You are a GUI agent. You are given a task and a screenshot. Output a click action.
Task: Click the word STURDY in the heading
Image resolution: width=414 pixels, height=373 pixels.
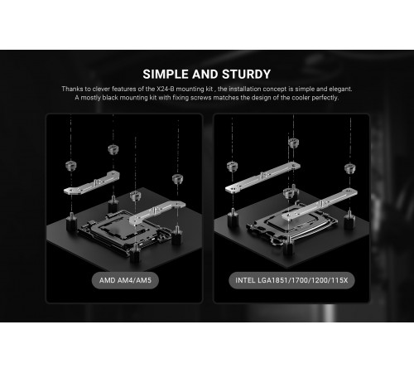click(246, 75)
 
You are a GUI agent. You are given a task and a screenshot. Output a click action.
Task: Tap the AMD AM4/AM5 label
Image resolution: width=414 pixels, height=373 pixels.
click(125, 280)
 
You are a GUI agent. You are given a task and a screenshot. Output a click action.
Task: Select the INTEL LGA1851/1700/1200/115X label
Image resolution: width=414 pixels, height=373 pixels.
click(291, 280)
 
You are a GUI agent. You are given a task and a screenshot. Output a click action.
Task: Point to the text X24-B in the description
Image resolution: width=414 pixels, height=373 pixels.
click(166, 89)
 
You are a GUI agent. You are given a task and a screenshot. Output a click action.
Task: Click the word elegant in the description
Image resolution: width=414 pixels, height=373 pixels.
click(340, 89)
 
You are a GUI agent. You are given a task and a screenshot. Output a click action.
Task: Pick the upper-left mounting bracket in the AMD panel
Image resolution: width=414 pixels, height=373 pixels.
click(92, 183)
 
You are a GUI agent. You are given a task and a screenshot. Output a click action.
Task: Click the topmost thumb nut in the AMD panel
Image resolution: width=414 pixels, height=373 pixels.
click(113, 149)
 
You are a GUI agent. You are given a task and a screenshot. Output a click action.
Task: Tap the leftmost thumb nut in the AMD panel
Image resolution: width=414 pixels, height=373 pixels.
click(71, 166)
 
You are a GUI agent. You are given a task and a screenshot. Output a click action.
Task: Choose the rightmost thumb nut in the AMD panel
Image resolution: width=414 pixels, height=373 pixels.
click(177, 179)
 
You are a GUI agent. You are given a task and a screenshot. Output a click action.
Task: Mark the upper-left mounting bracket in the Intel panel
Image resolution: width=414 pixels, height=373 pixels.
click(262, 177)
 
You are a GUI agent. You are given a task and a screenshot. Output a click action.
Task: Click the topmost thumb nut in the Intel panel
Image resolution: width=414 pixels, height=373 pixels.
click(293, 143)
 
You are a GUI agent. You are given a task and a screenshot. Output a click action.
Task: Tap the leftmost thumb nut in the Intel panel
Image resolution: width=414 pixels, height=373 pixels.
click(233, 167)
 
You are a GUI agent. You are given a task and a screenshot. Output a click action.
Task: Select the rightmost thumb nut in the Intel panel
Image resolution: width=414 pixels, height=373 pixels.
click(350, 168)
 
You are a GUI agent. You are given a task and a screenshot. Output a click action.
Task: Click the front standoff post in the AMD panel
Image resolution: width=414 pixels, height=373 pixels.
click(135, 252)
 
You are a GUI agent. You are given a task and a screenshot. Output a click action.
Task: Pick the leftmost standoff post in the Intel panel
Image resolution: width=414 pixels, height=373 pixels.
click(233, 218)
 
